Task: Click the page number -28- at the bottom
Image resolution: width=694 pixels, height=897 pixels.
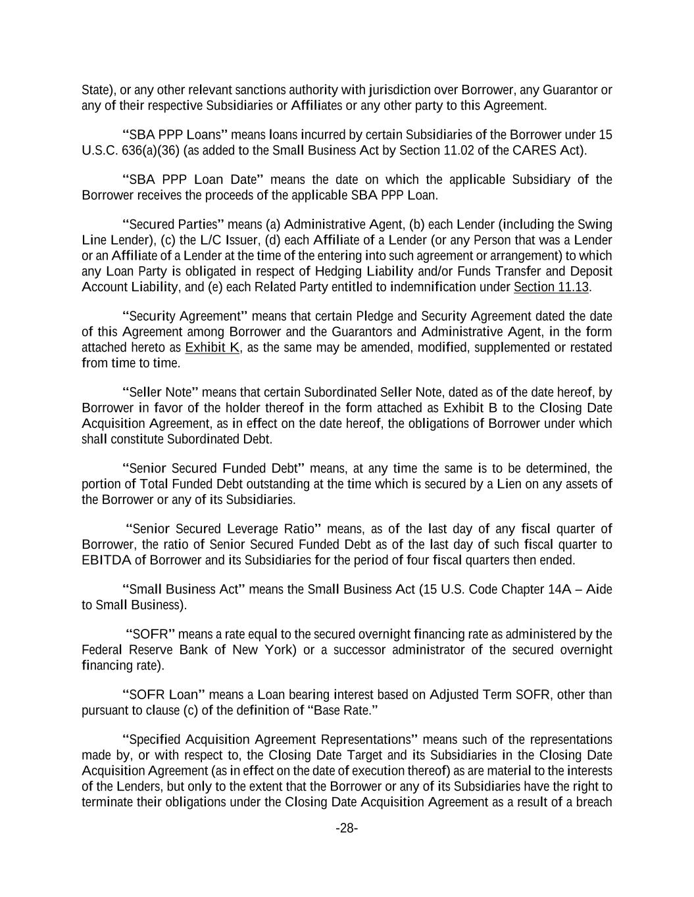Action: click(x=347, y=828)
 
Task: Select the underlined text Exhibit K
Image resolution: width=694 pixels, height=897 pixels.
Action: click(x=212, y=347)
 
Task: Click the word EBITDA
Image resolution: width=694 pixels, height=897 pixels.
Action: click(x=106, y=560)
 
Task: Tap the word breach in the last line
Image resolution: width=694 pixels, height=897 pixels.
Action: click(x=595, y=802)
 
